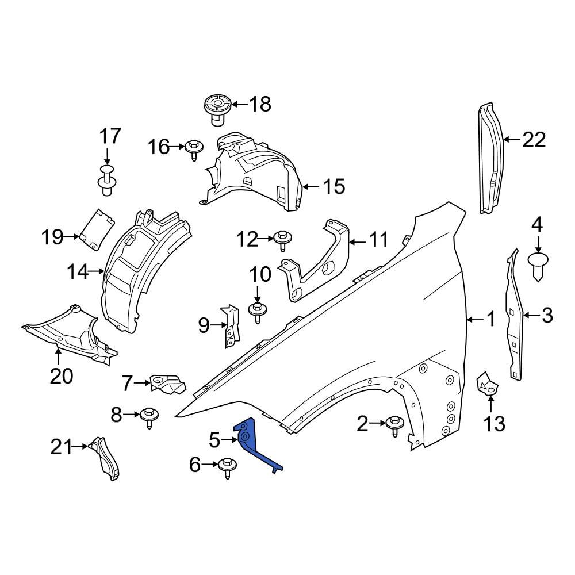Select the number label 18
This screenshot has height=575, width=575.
259,104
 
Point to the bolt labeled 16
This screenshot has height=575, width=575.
193,148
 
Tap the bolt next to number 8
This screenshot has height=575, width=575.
149,416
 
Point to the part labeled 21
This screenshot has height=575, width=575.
106,457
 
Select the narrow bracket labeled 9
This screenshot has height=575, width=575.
231,325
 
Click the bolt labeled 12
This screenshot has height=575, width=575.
282,238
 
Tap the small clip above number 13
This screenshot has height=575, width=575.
487,383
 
